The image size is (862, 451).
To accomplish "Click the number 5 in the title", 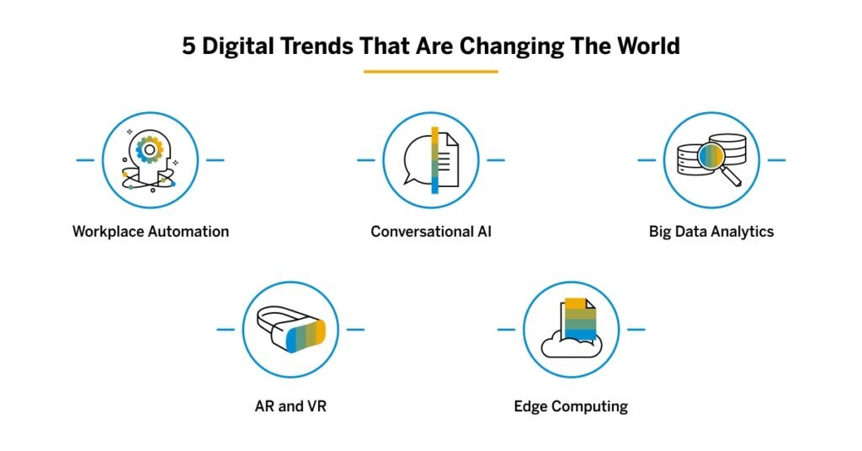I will click(189, 46).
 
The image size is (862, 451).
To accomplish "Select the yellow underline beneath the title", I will click(430, 72).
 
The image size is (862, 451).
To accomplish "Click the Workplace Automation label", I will click(151, 231).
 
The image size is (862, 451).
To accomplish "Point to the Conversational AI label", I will click(431, 231).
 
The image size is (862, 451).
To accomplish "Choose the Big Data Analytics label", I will click(711, 231).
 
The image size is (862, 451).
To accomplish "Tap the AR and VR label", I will click(290, 406).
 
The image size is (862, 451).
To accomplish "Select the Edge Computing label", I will click(571, 406).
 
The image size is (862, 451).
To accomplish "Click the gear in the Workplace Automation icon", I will click(150, 150).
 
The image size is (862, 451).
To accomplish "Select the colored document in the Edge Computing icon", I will click(579, 319).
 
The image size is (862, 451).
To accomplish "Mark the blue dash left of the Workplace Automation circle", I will click(85, 159).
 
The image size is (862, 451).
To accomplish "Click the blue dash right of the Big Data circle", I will click(776, 159).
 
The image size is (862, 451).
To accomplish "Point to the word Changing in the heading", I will click(530, 46).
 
